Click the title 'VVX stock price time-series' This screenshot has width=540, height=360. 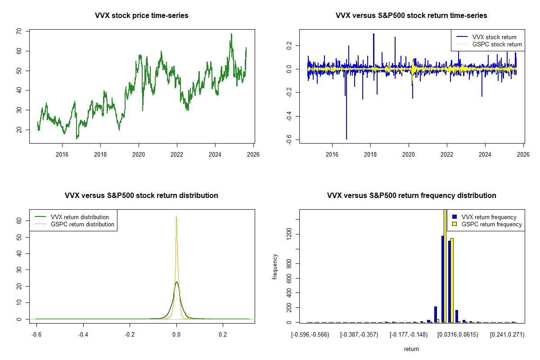142,16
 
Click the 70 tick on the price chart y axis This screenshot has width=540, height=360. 19,31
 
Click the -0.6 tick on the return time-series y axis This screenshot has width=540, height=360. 289,140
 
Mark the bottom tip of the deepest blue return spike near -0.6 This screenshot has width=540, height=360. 346,139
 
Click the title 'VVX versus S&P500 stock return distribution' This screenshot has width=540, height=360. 142,196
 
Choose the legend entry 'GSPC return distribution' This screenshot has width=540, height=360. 82,224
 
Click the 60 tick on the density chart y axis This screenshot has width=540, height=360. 19,221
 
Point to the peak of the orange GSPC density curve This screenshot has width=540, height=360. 176,216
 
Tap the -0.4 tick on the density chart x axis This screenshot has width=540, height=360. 83,335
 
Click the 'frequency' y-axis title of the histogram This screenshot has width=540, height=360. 275,267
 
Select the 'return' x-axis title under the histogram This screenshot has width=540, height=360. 411,349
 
